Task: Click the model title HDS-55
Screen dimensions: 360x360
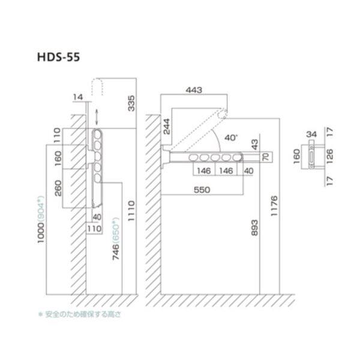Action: pos(58,58)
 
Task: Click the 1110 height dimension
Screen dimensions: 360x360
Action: pos(131,211)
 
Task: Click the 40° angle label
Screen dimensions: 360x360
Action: pos(231,137)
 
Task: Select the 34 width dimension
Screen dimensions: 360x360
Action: pos(312,134)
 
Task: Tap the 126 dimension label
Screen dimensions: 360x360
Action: pos(329,158)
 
